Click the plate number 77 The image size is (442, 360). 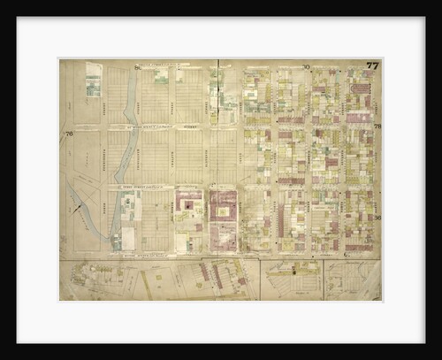[x=372, y=65]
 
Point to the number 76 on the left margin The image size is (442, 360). [x=68, y=134]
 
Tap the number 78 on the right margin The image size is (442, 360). [x=377, y=126]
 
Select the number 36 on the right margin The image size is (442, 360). [x=377, y=218]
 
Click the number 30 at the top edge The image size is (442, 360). [x=306, y=66]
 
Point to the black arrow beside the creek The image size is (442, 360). [x=77, y=210]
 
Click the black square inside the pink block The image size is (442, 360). [x=187, y=205]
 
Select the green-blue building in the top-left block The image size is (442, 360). [x=93, y=84]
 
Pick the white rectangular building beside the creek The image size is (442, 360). [x=128, y=238]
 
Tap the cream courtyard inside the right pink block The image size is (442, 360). [x=223, y=212]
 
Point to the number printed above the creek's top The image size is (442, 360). [x=137, y=66]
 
